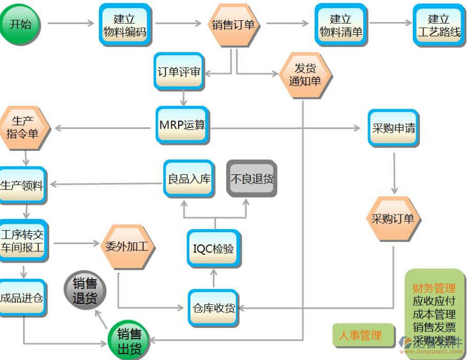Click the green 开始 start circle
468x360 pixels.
point(20,24)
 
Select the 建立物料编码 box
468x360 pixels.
point(125,25)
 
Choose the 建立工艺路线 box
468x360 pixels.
point(439,25)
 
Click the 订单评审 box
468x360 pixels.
point(179,72)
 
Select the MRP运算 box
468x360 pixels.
point(182,125)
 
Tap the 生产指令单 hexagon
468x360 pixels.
point(24,127)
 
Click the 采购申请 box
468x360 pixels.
point(393,128)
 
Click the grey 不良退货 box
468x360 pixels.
point(251,179)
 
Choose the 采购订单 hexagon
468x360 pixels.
point(393,218)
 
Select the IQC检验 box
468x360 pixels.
point(213,249)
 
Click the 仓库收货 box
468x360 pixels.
point(213,308)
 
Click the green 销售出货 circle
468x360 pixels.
point(128,341)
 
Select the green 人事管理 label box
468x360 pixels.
point(360,335)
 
